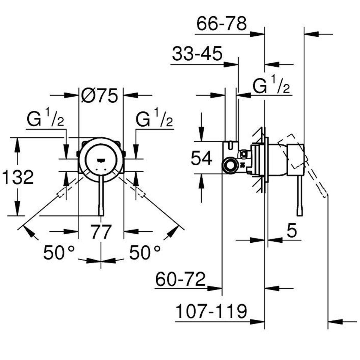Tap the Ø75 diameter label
coord(99,97)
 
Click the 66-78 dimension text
coord(221,24)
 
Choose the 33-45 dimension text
coord(197,54)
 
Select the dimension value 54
coord(202,158)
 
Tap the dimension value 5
coord(291,231)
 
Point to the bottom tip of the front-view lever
coord(101,214)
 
